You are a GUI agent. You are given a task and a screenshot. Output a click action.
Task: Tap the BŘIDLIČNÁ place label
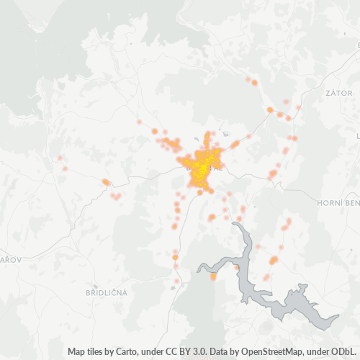click(x=107, y=293)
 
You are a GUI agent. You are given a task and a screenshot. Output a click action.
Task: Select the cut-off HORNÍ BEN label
click(x=338, y=204)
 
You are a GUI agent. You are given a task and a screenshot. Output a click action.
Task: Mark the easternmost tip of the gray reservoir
click(x=338, y=316)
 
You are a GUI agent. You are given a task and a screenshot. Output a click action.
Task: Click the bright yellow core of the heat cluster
click(x=202, y=167)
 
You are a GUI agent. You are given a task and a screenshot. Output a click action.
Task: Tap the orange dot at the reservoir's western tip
click(x=213, y=276)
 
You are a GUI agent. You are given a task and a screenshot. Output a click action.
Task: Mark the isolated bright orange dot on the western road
click(x=106, y=182)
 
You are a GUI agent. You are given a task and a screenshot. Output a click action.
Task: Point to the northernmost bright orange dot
click(x=254, y=83)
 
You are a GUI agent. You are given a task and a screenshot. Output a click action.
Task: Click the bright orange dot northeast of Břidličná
click(x=175, y=256)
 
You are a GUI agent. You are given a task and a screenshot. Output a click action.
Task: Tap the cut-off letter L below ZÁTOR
click(x=357, y=135)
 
